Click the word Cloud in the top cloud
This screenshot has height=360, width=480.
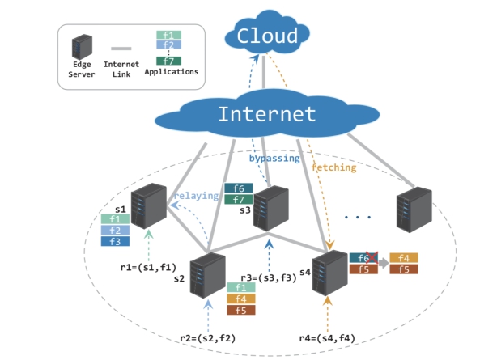point(267,36)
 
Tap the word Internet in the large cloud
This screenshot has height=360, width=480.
point(267,114)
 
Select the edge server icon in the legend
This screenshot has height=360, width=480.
point(82,47)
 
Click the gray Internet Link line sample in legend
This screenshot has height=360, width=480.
point(121,49)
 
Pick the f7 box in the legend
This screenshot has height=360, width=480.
point(168,61)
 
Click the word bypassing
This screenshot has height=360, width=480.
point(274,158)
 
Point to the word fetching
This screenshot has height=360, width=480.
point(334,167)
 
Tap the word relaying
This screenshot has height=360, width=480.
point(196,196)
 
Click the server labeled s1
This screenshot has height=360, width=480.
point(149,205)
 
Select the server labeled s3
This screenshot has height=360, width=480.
point(271,208)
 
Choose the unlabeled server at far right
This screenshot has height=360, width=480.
point(414,210)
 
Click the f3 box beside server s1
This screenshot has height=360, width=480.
point(115,241)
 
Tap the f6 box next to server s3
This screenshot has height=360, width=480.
point(239,188)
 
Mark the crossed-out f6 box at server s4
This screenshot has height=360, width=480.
point(363,258)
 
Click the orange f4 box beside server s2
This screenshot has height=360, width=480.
point(241,299)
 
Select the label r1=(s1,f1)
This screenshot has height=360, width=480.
point(148,267)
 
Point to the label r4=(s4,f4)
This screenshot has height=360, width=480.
point(327,338)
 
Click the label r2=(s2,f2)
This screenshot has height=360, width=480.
point(208,338)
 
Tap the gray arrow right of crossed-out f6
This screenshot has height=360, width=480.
point(384,263)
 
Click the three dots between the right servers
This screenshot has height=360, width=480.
point(358,217)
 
